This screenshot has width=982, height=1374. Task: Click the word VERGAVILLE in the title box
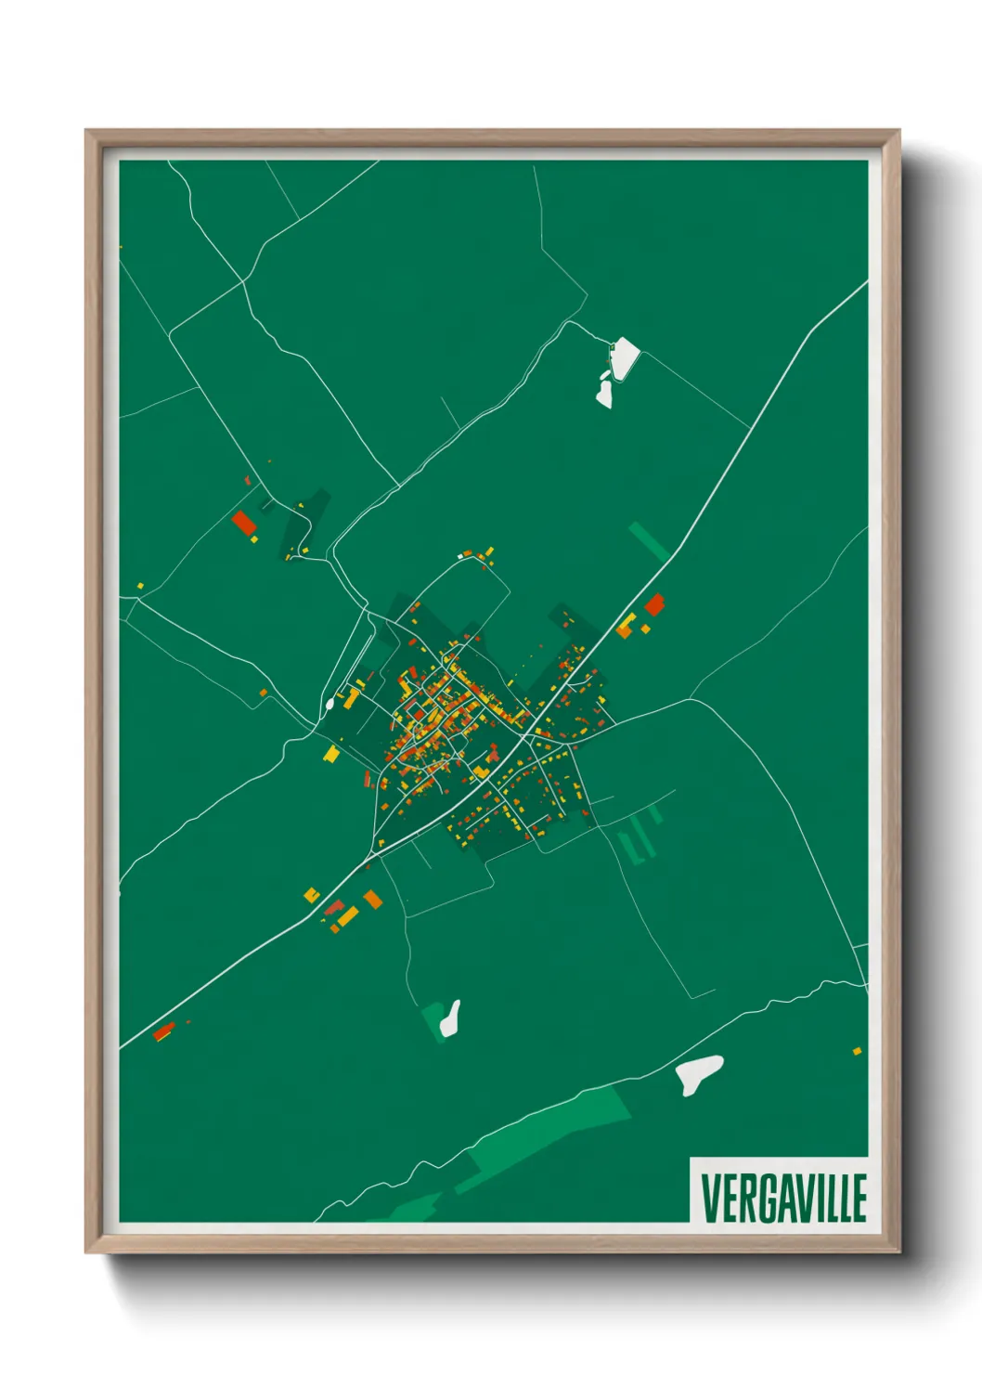tap(783, 1198)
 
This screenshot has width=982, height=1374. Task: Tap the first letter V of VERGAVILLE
tap(709, 1198)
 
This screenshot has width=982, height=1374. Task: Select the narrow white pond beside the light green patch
tap(451, 1018)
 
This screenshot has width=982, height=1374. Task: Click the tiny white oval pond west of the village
tap(329, 704)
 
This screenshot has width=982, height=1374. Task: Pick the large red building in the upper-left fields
tap(244, 523)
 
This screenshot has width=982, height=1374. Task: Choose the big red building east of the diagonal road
tap(654, 604)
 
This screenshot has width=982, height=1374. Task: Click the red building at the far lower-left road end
tap(163, 1031)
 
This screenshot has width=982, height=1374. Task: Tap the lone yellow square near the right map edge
tap(857, 1051)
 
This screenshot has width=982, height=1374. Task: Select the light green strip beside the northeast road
tap(649, 540)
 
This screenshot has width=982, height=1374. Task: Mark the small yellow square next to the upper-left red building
tap(253, 538)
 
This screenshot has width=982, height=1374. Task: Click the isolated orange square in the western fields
tap(264, 692)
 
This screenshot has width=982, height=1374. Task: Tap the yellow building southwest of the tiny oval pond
tap(331, 753)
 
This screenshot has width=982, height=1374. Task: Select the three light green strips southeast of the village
tap(640, 836)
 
